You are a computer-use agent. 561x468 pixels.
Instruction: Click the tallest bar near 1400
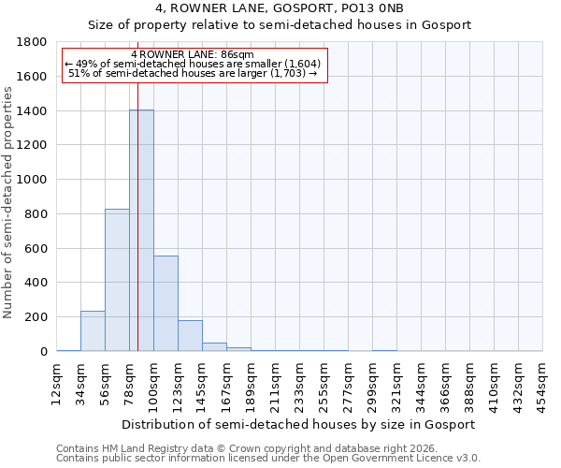click(141, 230)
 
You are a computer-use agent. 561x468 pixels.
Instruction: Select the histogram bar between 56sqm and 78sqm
click(117, 280)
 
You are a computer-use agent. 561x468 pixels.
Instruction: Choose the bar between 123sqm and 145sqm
click(190, 335)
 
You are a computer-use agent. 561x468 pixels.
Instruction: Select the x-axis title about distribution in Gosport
click(300, 424)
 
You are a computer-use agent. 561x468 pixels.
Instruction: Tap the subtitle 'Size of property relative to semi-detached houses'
click(280, 25)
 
